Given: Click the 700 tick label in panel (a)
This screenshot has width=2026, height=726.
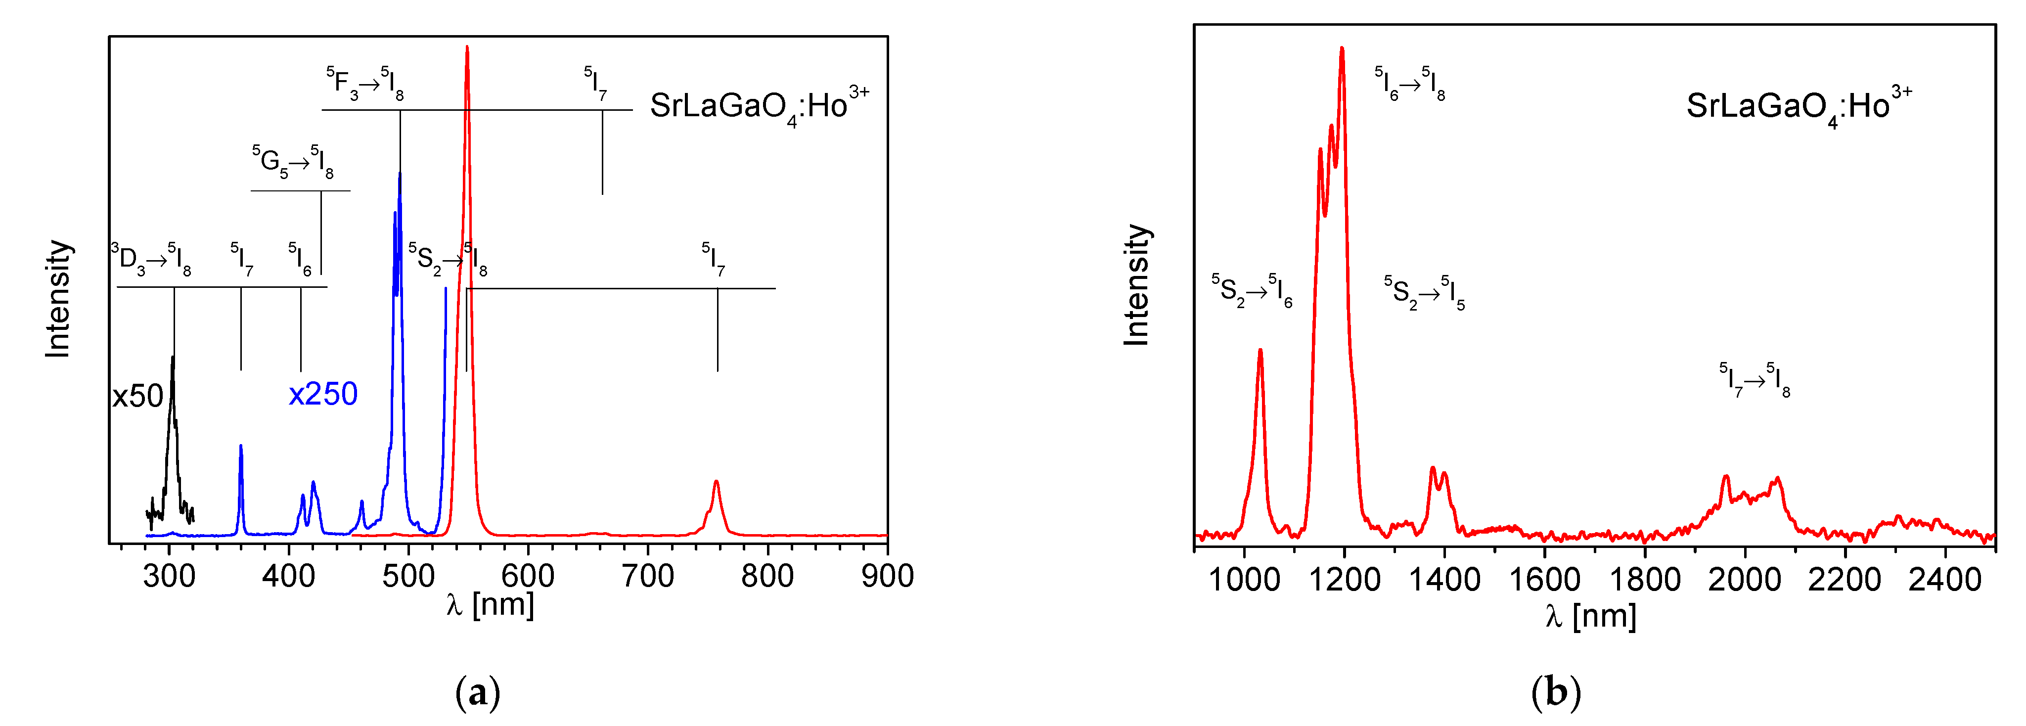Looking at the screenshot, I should (x=647, y=577).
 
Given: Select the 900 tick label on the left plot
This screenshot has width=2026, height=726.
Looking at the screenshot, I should (x=887, y=577).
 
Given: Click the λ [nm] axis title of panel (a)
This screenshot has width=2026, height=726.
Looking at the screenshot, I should (x=490, y=604).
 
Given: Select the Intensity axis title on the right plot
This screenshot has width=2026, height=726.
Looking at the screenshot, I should (x=1136, y=285).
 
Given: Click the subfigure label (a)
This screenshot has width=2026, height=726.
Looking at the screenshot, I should (x=477, y=693).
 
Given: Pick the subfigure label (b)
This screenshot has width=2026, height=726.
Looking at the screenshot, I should (x=1556, y=693).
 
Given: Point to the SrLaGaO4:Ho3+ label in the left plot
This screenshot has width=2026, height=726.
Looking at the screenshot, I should (x=759, y=106).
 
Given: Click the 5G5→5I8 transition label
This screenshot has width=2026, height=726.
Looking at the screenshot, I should (x=293, y=161).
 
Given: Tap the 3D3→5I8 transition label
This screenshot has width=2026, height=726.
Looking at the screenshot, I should (x=151, y=259).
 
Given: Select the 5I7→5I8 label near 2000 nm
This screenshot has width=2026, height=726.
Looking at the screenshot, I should (x=1754, y=380).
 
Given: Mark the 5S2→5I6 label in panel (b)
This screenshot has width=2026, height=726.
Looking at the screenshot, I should (x=1251, y=291).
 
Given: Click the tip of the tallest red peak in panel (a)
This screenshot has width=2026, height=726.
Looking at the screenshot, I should (x=467, y=47).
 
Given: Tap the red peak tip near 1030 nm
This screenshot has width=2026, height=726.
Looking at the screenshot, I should (x=1260, y=350).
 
